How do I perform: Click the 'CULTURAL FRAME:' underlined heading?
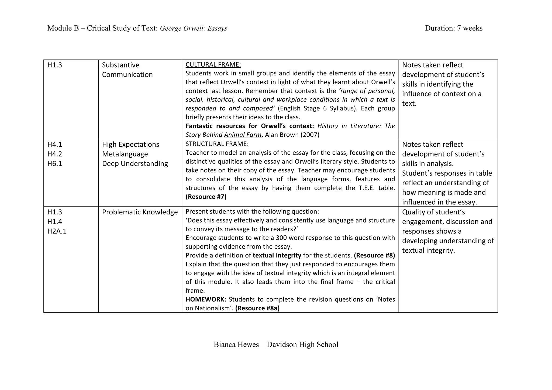pyautogui.click(x=213, y=65)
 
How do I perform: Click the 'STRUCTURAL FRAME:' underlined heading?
pyautogui.click(x=217, y=144)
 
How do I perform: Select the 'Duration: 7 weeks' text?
pyautogui.click(x=454, y=28)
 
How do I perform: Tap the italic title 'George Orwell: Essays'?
pyautogui.click(x=193, y=29)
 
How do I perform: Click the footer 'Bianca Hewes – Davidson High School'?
pyautogui.click(x=276, y=344)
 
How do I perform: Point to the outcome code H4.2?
pyautogui.click(x=55, y=154)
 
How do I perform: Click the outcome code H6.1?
pyautogui.click(x=55, y=164)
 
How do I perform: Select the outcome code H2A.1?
pyautogui.click(x=57, y=231)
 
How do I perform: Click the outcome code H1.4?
pyautogui.click(x=55, y=222)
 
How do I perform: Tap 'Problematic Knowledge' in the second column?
pyautogui.click(x=140, y=212)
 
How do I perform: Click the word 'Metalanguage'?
pyautogui.click(x=125, y=154)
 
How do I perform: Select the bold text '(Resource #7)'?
pyautogui.click(x=206, y=197)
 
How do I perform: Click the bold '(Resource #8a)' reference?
pyautogui.click(x=257, y=308)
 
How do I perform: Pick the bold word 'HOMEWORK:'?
pyautogui.click(x=206, y=299)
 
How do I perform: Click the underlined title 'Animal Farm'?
pyautogui.click(x=243, y=135)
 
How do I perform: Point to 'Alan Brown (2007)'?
pyautogui.click(x=292, y=135)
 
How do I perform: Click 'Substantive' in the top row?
pyautogui.click(x=120, y=65)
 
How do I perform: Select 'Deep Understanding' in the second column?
pyautogui.click(x=135, y=164)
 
